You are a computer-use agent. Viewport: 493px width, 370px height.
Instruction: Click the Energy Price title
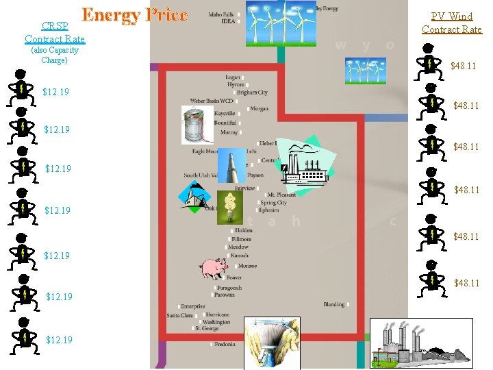coord(134,15)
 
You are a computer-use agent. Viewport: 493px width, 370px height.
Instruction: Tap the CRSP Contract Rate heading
coord(54,33)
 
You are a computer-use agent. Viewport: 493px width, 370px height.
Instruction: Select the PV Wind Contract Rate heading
coord(452,23)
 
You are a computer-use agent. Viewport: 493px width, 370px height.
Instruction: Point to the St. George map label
coord(207,329)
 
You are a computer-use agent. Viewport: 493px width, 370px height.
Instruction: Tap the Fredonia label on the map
coord(223,344)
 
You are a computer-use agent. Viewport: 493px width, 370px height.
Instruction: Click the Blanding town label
coord(334,304)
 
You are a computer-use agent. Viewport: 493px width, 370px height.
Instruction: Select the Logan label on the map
coord(232,77)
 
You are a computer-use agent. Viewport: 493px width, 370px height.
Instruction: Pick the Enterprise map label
coord(192,306)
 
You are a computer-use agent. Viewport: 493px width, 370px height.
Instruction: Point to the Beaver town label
coord(233,277)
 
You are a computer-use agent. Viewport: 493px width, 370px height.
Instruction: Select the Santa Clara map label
coord(180,315)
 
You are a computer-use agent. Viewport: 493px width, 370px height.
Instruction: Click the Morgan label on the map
coord(259,109)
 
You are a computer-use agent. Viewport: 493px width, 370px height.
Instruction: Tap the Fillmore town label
coord(241,239)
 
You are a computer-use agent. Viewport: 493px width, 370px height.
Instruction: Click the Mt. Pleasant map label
coord(281,195)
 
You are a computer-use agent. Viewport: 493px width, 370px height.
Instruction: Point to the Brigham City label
coord(252,92)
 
